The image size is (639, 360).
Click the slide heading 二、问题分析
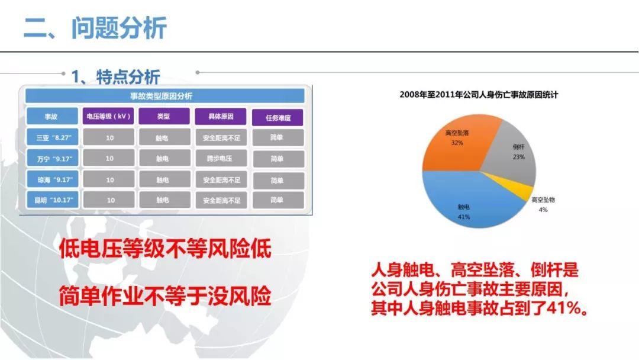click(x=95, y=28)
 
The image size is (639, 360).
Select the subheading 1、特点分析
click(x=115, y=76)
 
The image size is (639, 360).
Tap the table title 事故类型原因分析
click(x=164, y=96)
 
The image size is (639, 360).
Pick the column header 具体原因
click(x=221, y=117)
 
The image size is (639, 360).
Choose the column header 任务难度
click(x=277, y=117)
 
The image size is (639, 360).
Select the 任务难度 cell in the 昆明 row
click(x=277, y=200)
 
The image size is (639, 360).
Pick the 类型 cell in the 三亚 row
click(x=164, y=137)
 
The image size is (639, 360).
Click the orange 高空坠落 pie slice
click(x=456, y=142)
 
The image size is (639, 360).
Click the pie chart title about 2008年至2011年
click(x=479, y=94)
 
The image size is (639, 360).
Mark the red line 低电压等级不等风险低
click(x=164, y=249)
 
